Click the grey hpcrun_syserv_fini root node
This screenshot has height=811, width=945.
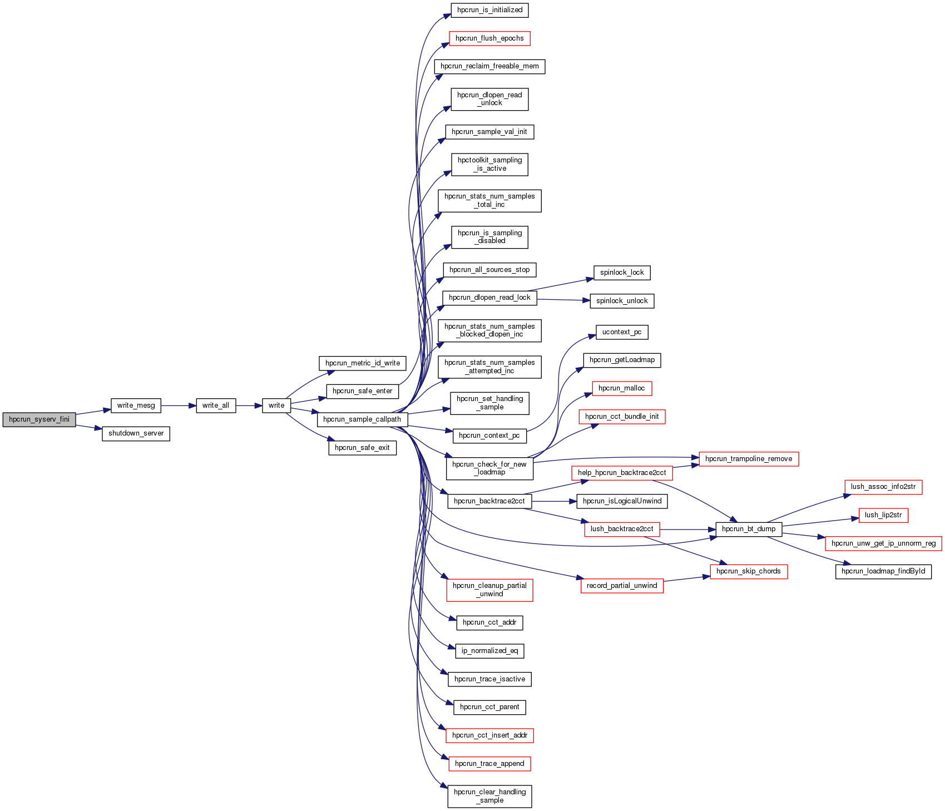coord(39,419)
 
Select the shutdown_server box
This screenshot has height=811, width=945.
coord(136,434)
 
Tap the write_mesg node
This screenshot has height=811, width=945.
coord(136,405)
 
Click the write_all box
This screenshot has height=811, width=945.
coord(216,405)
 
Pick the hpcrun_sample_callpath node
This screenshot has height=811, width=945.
coord(362,419)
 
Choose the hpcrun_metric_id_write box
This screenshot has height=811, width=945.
coord(363,363)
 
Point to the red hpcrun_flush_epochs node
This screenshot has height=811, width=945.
coord(489,38)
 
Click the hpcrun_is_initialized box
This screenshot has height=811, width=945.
coord(489,10)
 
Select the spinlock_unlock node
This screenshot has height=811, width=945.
coord(622,301)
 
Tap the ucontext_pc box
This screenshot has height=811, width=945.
coord(622,332)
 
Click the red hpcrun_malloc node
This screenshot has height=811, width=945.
coord(622,388)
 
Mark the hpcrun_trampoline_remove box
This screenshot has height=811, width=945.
coord(749,459)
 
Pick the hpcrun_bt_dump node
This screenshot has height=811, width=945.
coord(749,529)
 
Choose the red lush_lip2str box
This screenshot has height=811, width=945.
coord(883,515)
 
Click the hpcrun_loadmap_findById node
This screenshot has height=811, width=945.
coord(883,571)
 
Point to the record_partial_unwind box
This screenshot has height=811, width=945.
coord(622,586)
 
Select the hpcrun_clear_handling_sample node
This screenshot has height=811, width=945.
coord(489,796)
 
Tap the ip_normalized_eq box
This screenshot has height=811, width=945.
coord(489,651)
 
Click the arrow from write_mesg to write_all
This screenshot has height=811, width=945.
coord(179,405)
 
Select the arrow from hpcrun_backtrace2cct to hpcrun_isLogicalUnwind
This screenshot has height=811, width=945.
coord(554,501)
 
